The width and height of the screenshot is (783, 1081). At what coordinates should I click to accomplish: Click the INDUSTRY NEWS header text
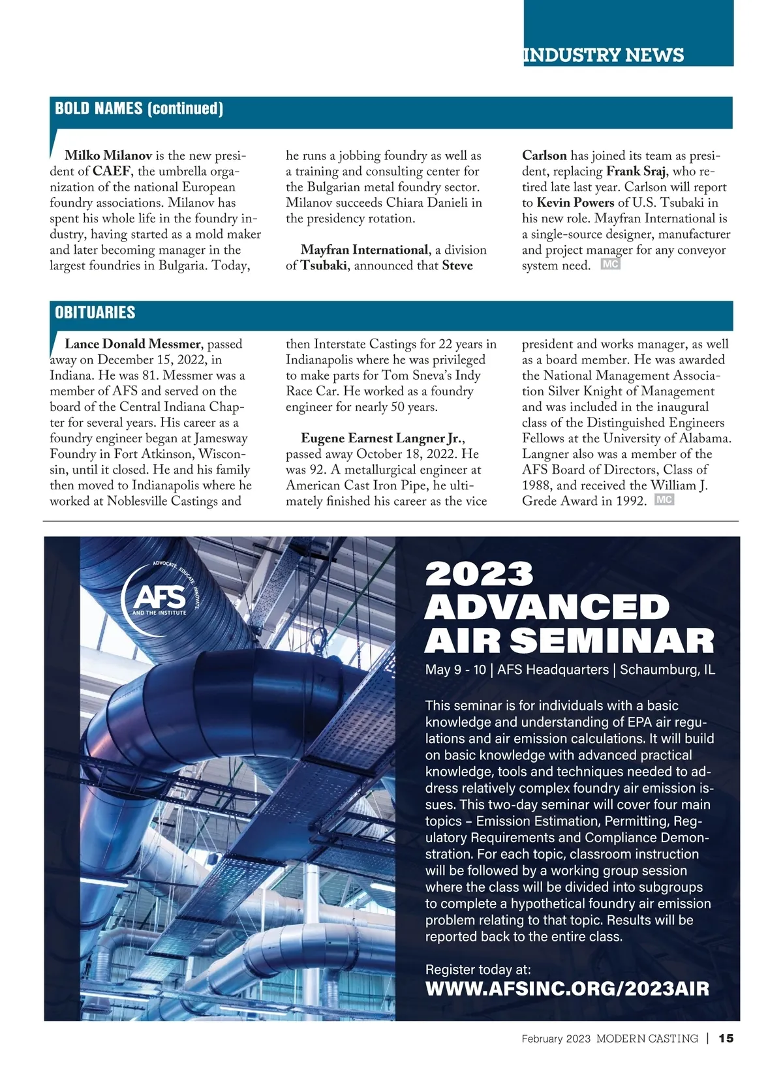coord(603,55)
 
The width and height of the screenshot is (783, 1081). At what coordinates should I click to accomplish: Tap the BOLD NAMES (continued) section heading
coord(139,108)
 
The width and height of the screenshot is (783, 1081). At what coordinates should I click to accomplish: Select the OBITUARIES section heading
coord(95,312)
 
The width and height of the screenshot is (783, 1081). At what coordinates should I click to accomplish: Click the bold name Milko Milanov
coord(108,156)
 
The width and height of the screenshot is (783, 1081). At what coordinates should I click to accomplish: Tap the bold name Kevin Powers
coord(575,203)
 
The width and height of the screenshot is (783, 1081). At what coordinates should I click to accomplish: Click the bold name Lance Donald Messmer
coord(132,344)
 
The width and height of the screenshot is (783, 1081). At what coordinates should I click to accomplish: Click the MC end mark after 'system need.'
coord(610,265)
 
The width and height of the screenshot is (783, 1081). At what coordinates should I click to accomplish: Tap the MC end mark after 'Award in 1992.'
coord(664,500)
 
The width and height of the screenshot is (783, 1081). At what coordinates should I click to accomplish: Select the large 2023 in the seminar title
coord(479,574)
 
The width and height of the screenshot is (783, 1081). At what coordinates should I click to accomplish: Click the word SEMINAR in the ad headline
coord(611,641)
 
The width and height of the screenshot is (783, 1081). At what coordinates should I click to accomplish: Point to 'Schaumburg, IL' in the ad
coord(667,670)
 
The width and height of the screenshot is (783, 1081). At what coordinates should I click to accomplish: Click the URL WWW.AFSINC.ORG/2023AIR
coord(566,988)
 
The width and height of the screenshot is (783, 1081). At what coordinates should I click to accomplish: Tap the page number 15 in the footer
coord(726,1039)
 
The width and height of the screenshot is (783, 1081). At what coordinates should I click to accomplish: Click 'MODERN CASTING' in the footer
coord(647,1039)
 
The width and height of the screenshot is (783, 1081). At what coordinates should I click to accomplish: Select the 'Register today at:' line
coord(478,969)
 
